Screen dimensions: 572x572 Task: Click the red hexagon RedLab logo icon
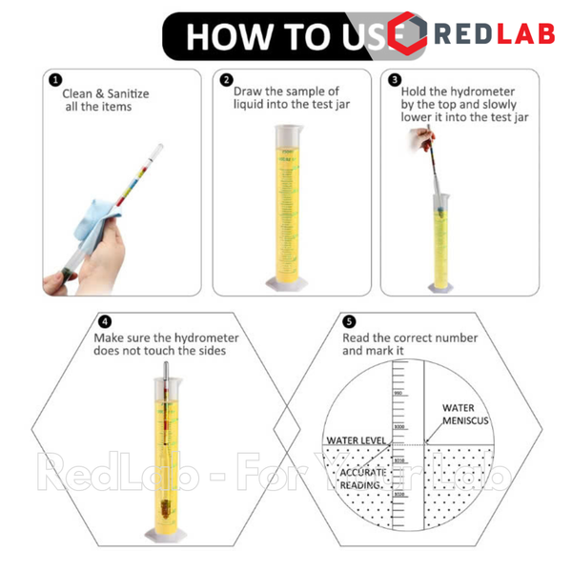(x=407, y=34)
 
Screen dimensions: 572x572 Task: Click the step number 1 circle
(x=56, y=81)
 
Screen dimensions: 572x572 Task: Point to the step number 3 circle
(x=395, y=81)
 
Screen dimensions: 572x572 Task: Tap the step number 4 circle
(x=105, y=322)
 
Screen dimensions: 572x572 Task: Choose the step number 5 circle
(x=350, y=322)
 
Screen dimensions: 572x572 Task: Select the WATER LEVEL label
(x=355, y=440)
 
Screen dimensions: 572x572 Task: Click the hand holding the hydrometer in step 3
(x=418, y=140)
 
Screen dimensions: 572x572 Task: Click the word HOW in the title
(x=223, y=36)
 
